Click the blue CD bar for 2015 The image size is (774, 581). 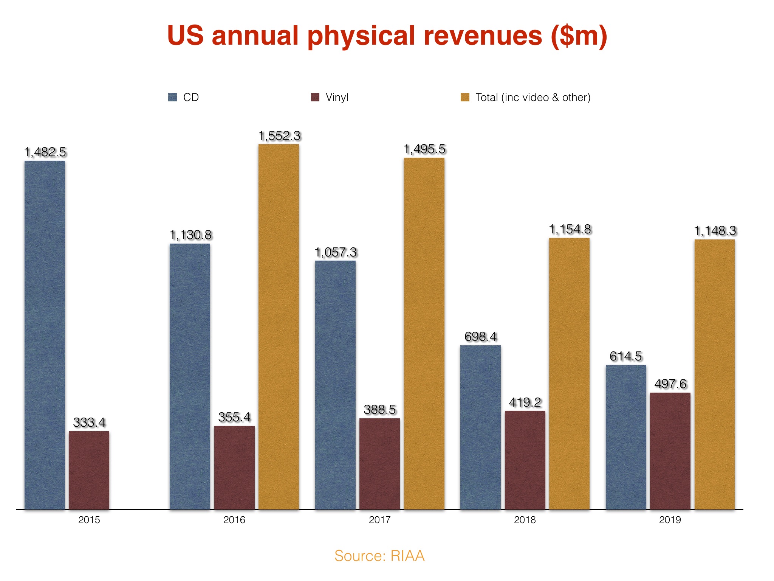[x=45, y=335]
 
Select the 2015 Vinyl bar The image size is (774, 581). [x=89, y=470]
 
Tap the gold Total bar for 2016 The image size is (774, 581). [x=279, y=326]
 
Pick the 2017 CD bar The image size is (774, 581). [x=335, y=385]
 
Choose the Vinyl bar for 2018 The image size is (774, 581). [x=525, y=460]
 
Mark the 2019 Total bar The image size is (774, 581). [x=714, y=374]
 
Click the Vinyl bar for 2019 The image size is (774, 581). [x=670, y=451]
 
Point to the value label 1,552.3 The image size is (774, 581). [x=279, y=136]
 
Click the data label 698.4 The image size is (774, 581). [x=480, y=336]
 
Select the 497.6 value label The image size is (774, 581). [x=670, y=384]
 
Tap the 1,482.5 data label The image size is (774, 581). [x=45, y=152]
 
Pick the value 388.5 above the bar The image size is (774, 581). [x=379, y=409]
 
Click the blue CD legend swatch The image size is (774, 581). [x=172, y=97]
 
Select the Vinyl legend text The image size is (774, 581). [x=337, y=97]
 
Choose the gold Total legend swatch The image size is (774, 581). [x=465, y=97]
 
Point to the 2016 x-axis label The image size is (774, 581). [x=234, y=520]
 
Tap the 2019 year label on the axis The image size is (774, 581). [x=670, y=520]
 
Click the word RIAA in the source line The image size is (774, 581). [x=407, y=556]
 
